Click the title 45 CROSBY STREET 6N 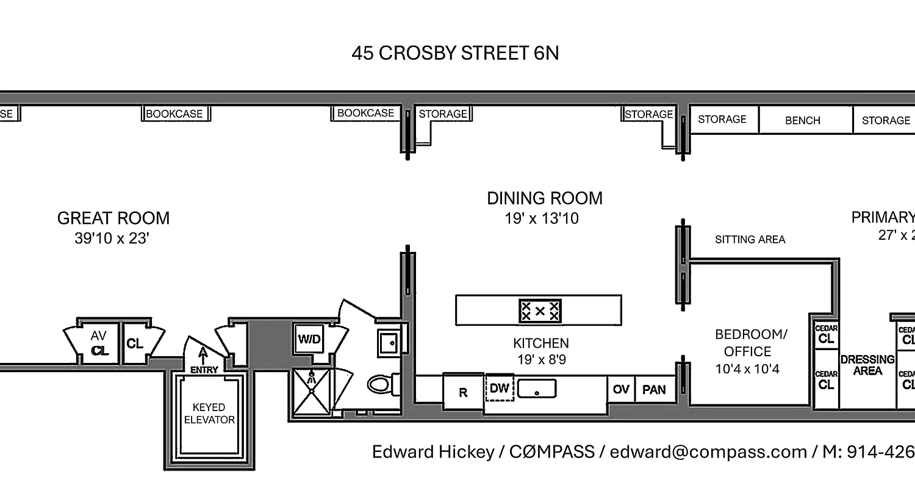[455, 53]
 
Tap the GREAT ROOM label [113, 218]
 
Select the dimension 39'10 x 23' [112, 239]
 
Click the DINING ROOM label [544, 198]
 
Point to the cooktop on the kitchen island [540, 310]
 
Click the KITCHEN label [540, 343]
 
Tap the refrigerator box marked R [463, 392]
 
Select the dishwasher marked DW [500, 388]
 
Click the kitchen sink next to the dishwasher [537, 388]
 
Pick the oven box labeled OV [621, 389]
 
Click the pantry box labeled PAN [654, 389]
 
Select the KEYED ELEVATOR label [209, 413]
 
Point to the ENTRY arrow [204, 357]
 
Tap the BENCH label [802, 121]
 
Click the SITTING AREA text [750, 240]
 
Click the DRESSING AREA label [867, 365]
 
